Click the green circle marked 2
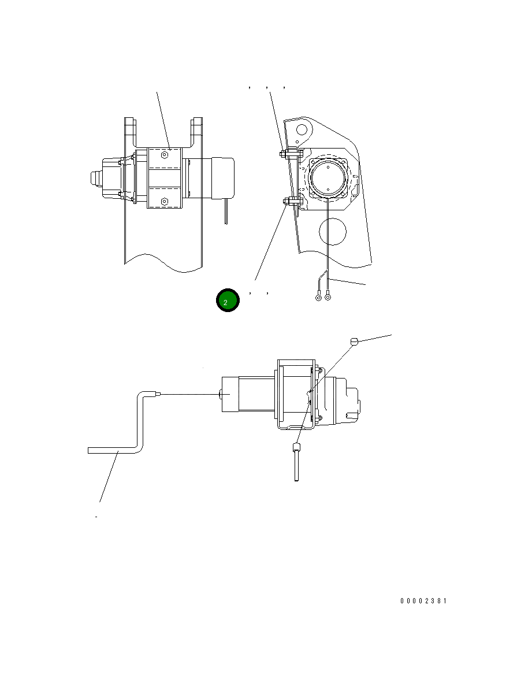(228, 301)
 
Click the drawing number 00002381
(423, 600)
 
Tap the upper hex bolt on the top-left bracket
(165, 155)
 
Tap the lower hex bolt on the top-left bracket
(165, 202)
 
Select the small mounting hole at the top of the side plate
(302, 129)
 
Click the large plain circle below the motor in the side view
(333, 231)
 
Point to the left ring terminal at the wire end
(319, 298)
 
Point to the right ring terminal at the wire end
(328, 298)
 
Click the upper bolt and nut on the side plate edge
(291, 154)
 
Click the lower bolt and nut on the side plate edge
(291, 202)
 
